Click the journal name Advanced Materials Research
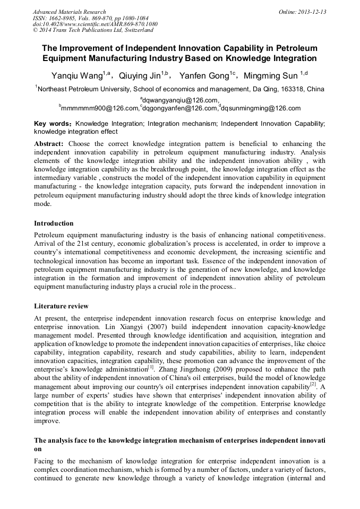[x=69, y=12]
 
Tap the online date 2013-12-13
[x=311, y=12]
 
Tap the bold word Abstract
[x=49, y=144]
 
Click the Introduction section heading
[x=54, y=223]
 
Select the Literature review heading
[x=61, y=306]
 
